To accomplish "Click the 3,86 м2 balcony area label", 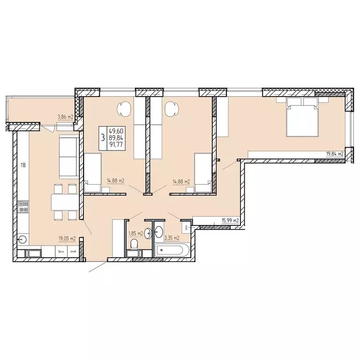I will pos(65,117).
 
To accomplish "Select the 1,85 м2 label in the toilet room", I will pos(136,233).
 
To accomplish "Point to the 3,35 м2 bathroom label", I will pos(172,238).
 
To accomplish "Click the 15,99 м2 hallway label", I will pos(230,220).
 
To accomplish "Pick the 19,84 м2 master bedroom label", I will pos(335,153).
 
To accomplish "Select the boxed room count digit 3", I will pos(102,138).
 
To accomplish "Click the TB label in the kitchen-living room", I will pos(22,165).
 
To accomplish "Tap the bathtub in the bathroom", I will pos(172,250).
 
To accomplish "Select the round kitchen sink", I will pos(22,239).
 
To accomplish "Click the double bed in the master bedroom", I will pos(302,119).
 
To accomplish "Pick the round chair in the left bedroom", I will pos(124,109).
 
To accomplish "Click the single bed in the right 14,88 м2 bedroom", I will pos(202,172).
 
